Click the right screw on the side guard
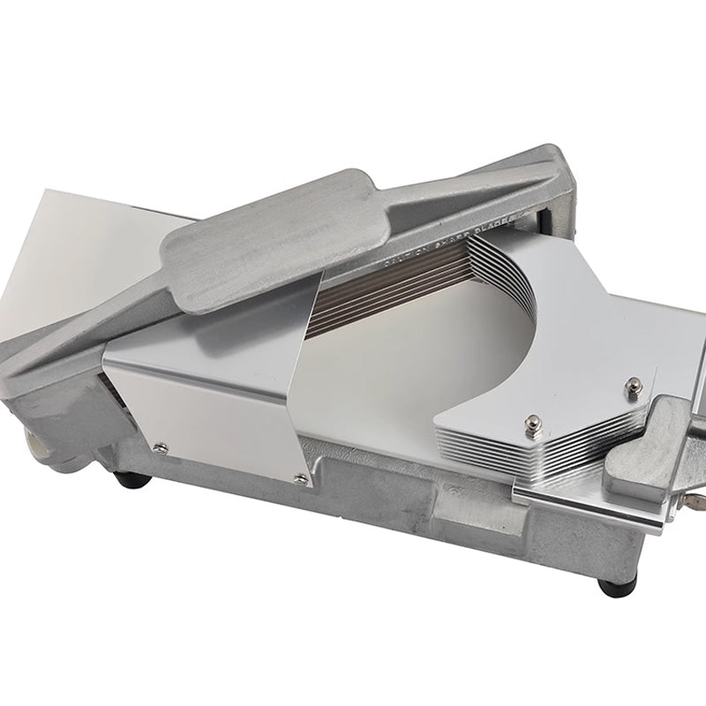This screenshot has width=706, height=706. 301,477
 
